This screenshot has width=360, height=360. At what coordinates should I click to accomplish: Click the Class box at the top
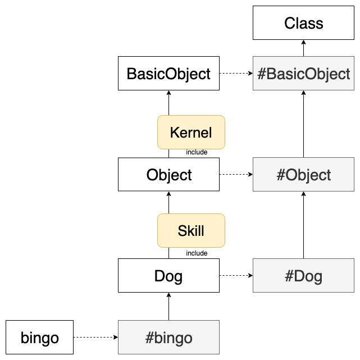tap(303, 23)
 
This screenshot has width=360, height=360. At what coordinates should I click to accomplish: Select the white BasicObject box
tap(168, 74)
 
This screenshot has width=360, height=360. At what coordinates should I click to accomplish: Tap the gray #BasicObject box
tap(303, 74)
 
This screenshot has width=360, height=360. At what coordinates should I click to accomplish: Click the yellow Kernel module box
tap(191, 133)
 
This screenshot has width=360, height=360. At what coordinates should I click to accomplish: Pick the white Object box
tap(168, 175)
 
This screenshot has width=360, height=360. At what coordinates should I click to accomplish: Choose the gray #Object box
tap(303, 175)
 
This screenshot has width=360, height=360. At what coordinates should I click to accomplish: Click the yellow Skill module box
tap(191, 231)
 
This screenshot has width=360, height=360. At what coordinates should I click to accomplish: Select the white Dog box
tap(168, 276)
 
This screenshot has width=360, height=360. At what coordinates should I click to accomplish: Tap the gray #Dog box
tap(303, 276)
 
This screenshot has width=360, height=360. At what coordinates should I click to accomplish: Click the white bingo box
tap(39, 338)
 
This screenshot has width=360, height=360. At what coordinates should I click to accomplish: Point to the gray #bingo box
tap(168, 338)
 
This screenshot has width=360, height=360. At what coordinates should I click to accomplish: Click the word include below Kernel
tap(197, 152)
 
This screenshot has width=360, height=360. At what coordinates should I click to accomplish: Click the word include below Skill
tap(197, 253)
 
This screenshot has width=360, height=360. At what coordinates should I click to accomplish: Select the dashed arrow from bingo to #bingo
tap(95, 338)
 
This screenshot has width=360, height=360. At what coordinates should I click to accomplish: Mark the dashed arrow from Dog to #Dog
tap(236, 276)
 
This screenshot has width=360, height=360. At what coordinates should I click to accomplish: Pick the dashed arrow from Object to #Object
tap(236, 175)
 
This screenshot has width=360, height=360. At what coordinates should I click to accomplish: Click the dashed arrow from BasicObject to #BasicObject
tap(236, 74)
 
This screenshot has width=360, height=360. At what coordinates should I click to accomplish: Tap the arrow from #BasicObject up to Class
tap(303, 48)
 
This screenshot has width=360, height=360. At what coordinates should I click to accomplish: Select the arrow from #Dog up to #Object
tap(303, 225)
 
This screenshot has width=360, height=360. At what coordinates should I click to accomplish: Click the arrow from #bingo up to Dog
tap(168, 307)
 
